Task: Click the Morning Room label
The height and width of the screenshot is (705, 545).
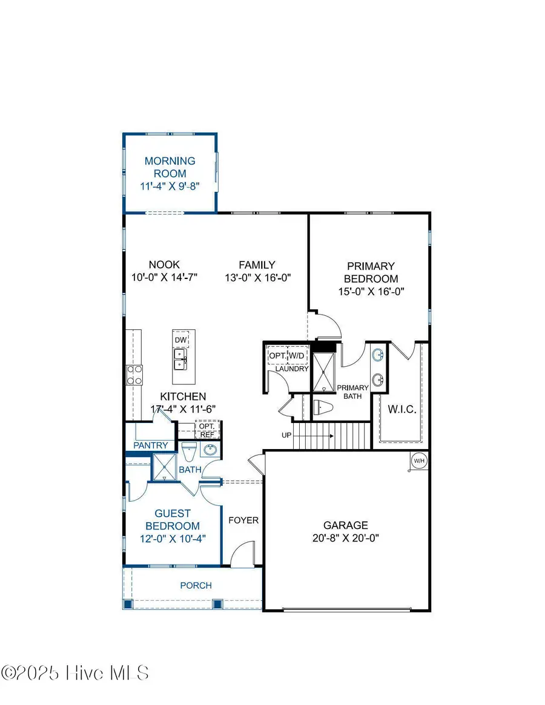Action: coord(170,167)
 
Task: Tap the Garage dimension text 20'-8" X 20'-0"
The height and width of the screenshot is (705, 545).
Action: coord(345,537)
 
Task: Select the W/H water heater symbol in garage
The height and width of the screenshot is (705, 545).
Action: coord(418,461)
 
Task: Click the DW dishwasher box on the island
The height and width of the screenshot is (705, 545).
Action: coord(180,340)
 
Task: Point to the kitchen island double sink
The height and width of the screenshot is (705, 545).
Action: coord(180,363)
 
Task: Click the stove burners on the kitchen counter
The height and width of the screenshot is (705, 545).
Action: coord(134,375)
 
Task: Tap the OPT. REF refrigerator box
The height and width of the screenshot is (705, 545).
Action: coord(206,430)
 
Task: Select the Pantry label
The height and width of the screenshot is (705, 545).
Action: coord(151,445)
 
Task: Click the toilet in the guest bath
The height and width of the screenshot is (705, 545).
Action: coord(188,451)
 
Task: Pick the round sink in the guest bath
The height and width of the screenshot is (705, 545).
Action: coord(210,451)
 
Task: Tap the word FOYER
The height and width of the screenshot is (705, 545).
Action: coord(243,520)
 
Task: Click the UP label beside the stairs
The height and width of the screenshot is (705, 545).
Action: coord(288,435)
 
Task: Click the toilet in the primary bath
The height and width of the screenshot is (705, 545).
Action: coord(323,407)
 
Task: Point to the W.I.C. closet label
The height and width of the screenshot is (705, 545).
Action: coord(401,410)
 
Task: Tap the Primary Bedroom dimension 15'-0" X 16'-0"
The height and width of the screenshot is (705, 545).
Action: coord(371,291)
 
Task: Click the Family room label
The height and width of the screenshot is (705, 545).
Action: coord(257,264)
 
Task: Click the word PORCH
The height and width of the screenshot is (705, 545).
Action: coord(196,585)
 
